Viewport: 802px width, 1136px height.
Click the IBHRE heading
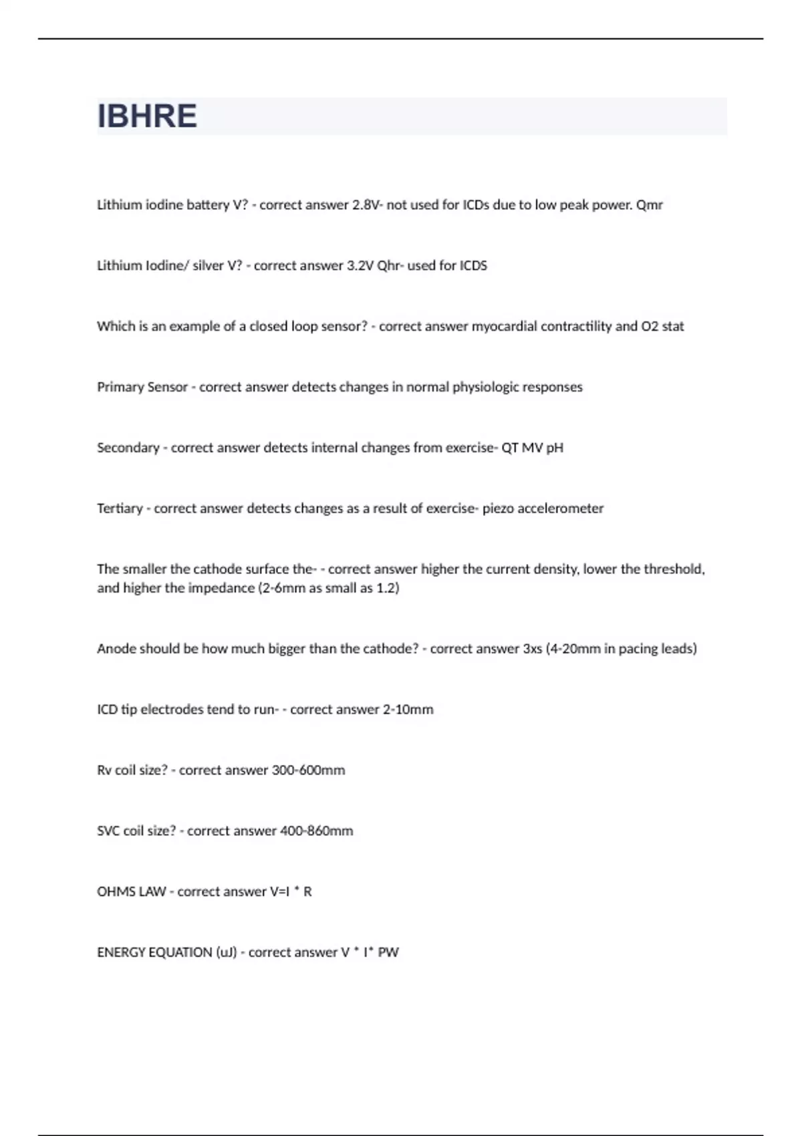point(147,116)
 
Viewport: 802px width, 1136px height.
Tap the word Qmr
point(649,205)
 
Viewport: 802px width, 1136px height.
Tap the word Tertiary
point(120,509)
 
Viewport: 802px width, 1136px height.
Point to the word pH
point(555,448)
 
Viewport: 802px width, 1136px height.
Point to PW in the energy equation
point(388,953)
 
